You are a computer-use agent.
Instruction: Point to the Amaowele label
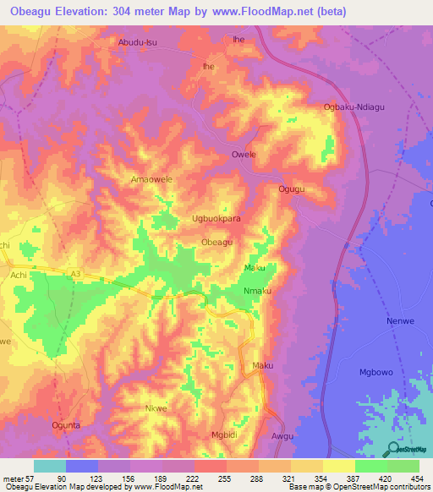coord(151,180)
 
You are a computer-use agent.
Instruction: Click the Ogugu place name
coord(292,189)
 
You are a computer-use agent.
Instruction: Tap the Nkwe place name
coord(155,408)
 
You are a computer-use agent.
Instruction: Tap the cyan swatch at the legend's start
coord(50,466)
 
